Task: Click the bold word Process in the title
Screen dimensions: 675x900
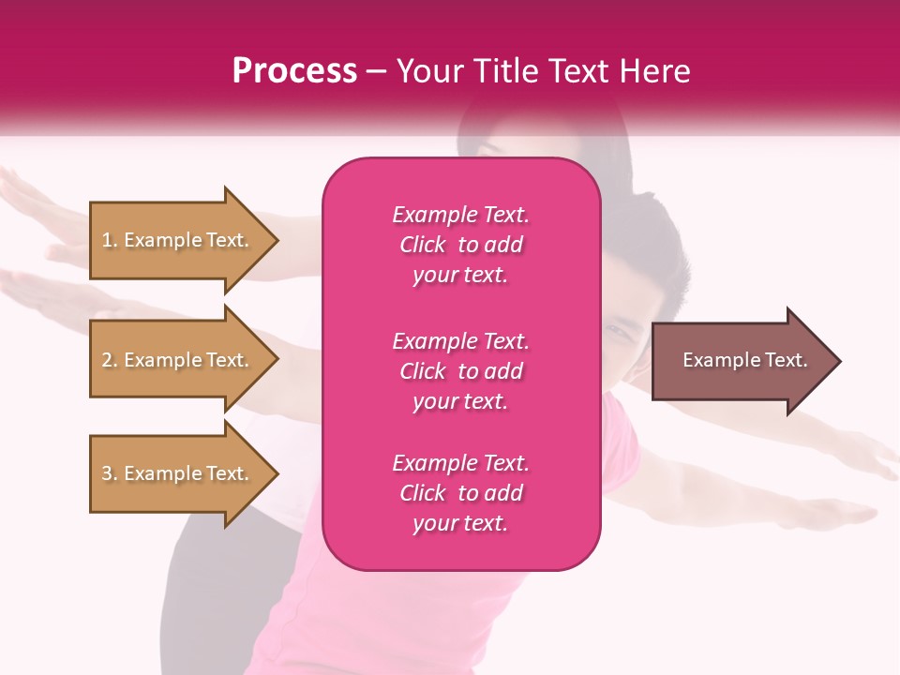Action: (294, 70)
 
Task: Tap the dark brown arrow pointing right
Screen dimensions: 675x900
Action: (741, 360)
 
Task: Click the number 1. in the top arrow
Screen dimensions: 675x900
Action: (110, 240)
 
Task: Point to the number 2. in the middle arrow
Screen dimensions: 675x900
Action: (110, 360)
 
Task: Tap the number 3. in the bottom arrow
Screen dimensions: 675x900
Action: (110, 473)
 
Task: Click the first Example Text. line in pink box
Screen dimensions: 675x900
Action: (460, 215)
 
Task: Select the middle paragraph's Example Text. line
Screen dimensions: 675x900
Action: (460, 341)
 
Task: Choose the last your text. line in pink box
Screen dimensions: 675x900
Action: (460, 524)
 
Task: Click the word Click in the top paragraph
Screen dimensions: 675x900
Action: (423, 245)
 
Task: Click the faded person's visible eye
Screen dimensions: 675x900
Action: (620, 330)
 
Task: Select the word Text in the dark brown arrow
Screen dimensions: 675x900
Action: (786, 360)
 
